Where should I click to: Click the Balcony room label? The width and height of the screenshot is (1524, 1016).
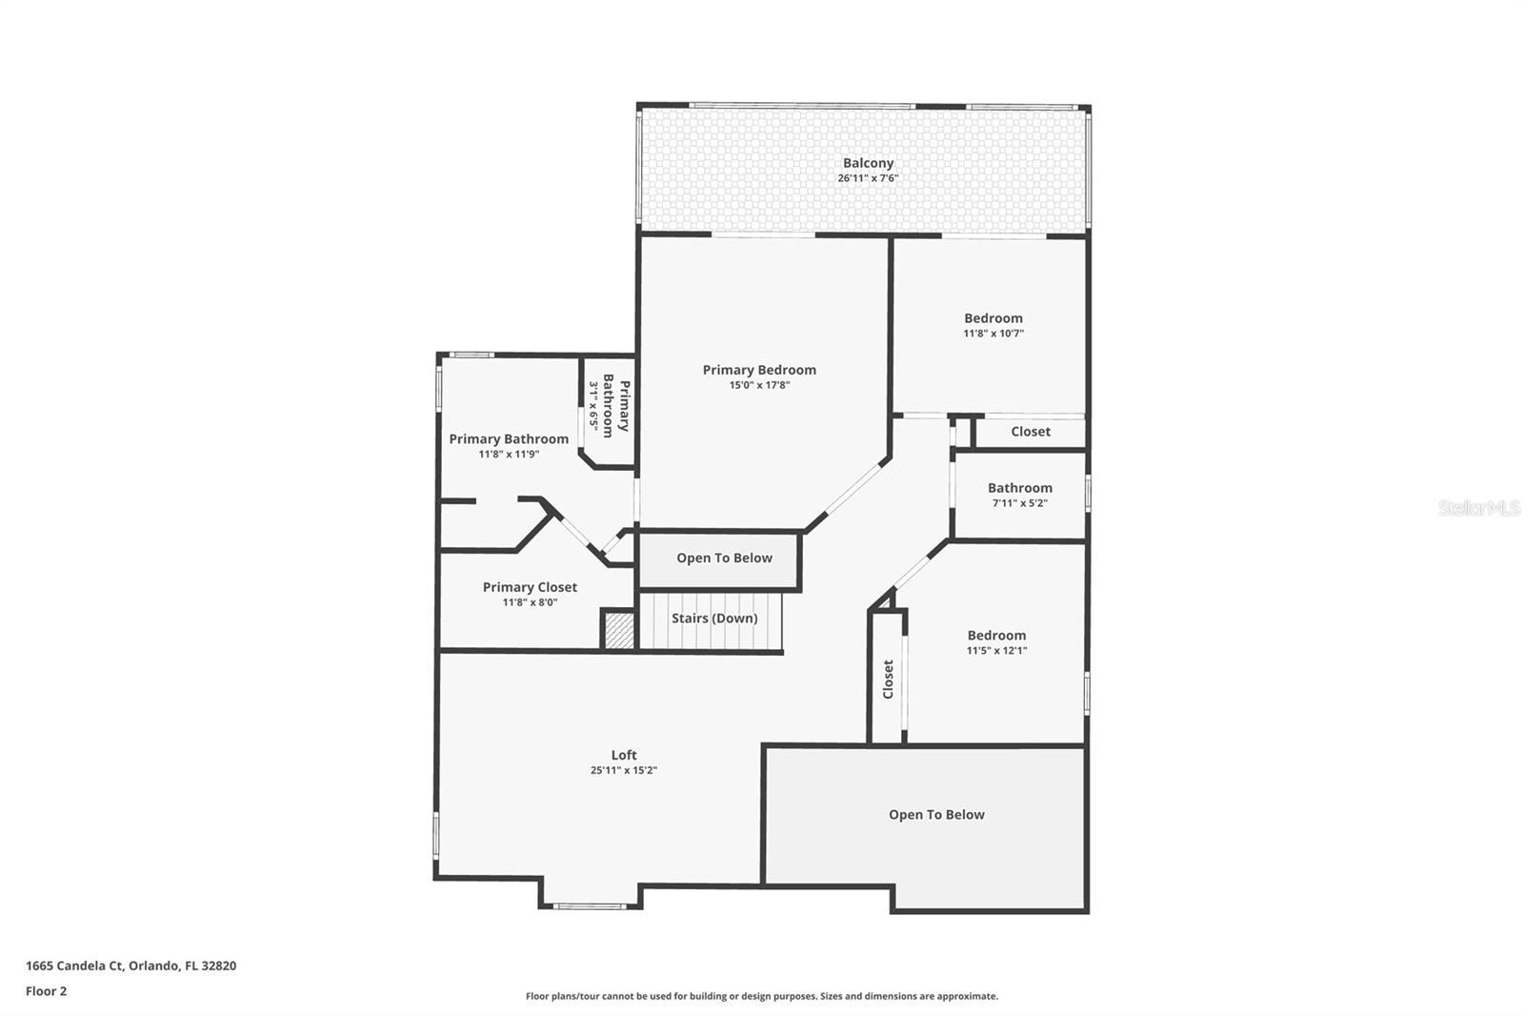pyautogui.click(x=868, y=163)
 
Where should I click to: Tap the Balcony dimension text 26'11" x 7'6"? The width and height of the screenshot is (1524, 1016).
pyautogui.click(x=868, y=178)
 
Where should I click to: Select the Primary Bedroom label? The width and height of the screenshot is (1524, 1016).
pyautogui.click(x=759, y=370)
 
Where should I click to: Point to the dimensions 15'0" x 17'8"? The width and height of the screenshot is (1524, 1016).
pyautogui.click(x=759, y=385)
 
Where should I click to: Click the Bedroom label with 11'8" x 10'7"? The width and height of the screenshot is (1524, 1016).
pyautogui.click(x=993, y=318)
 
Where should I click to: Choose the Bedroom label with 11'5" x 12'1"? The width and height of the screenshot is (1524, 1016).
pyautogui.click(x=996, y=636)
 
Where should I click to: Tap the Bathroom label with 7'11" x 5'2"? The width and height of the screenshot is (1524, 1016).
pyautogui.click(x=1019, y=488)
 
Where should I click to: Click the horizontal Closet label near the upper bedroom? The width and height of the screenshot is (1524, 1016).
pyautogui.click(x=1030, y=432)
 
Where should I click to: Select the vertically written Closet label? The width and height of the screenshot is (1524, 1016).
pyautogui.click(x=888, y=679)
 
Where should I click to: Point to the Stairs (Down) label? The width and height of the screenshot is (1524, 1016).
pyautogui.click(x=714, y=619)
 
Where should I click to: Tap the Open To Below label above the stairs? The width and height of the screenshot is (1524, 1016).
pyautogui.click(x=724, y=559)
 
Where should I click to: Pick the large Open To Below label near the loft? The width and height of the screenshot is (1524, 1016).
pyautogui.click(x=936, y=815)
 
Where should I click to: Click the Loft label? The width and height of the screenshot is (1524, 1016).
pyautogui.click(x=624, y=755)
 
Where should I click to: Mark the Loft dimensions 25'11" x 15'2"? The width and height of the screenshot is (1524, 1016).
pyautogui.click(x=624, y=770)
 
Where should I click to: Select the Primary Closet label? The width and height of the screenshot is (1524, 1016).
pyautogui.click(x=530, y=587)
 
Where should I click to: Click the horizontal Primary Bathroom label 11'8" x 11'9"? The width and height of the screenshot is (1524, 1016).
pyautogui.click(x=509, y=439)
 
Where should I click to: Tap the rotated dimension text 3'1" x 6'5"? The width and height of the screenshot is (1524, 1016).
pyautogui.click(x=593, y=407)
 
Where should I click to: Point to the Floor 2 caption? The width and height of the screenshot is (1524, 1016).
pyautogui.click(x=46, y=991)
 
